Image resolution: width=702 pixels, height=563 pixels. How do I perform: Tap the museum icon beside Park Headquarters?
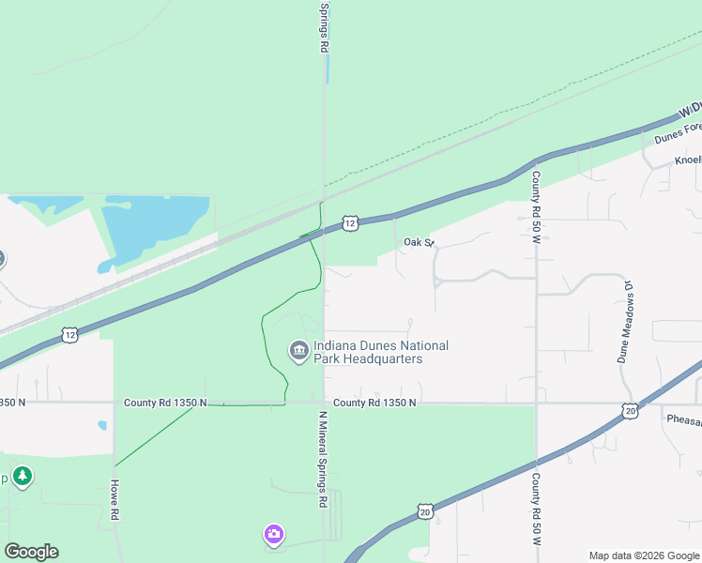click(299, 352)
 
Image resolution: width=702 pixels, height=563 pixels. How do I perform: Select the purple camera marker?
click(273, 535)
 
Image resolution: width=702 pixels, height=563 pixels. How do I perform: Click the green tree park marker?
click(23, 477)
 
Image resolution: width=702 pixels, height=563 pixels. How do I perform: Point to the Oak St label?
click(420, 242)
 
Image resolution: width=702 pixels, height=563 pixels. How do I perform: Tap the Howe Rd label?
click(115, 499)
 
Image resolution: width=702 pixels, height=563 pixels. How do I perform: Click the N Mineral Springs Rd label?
click(322, 459)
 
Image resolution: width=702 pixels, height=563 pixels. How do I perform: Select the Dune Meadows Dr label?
click(626, 321)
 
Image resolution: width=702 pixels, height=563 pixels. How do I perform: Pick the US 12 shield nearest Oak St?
click(349, 222)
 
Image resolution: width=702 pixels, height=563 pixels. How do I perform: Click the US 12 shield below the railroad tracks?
click(69, 334)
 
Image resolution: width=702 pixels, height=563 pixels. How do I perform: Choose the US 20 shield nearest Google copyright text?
click(425, 511)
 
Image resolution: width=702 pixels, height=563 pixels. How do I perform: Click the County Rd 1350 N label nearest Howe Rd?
click(165, 403)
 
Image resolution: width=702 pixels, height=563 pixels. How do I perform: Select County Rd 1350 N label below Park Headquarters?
click(374, 403)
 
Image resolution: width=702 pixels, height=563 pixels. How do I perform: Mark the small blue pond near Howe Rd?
click(102, 425)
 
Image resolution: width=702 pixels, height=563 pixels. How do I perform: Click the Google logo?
click(31, 552)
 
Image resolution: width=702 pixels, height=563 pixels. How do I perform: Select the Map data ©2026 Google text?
click(643, 555)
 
